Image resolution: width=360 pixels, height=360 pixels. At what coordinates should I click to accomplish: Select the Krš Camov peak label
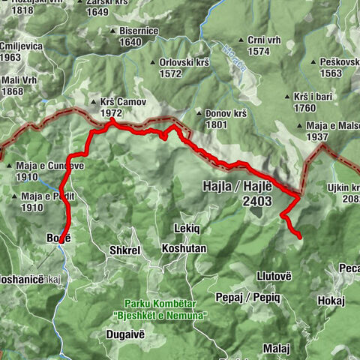(121, 102)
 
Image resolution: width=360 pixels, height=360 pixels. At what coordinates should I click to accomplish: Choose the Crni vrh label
(258, 40)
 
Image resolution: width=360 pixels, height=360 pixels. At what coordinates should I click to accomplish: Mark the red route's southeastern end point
(299, 237)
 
